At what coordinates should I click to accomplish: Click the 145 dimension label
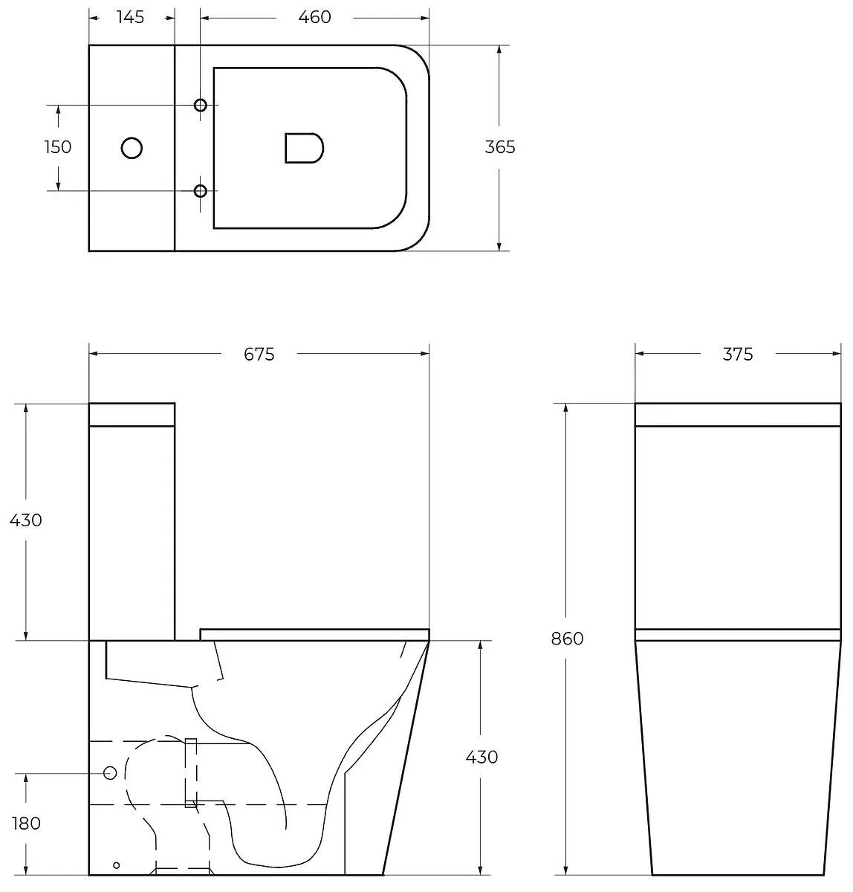131,17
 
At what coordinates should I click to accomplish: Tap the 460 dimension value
314,17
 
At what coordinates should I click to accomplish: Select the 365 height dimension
500,147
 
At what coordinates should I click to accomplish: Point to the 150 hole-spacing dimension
58,147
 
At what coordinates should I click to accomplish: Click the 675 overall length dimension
259,355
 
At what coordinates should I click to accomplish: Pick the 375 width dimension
738,355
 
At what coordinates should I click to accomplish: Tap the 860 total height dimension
567,639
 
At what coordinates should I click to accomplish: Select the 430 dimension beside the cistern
26,520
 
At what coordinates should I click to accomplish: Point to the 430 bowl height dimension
481,757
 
